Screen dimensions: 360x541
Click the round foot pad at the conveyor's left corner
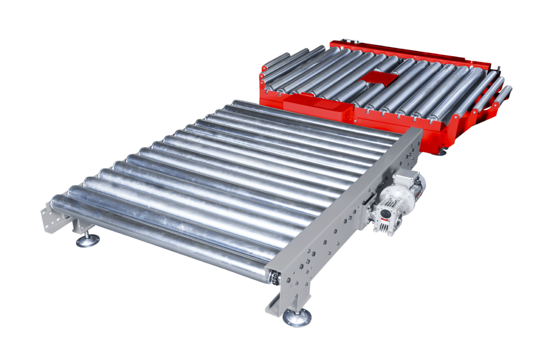(x=88, y=242)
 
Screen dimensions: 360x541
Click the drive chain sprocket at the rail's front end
(x=273, y=276)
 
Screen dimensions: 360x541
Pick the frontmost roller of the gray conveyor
(x=158, y=232)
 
